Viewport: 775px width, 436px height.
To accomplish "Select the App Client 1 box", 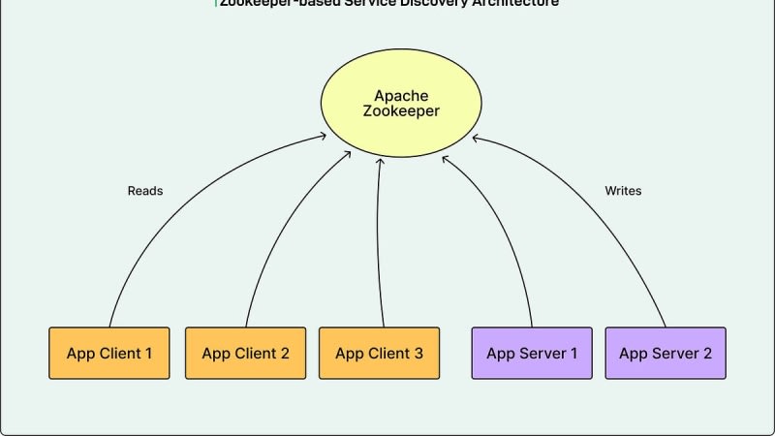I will tap(108, 353).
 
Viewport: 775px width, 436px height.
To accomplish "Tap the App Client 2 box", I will tap(245, 353).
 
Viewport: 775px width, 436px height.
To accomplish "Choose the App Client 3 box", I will tap(379, 353).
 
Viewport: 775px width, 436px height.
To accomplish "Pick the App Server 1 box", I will tap(531, 353).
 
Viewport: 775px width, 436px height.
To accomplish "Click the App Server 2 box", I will tap(665, 353).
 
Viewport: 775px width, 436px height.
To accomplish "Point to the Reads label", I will tap(145, 191).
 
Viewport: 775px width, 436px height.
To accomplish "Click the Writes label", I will tap(623, 191).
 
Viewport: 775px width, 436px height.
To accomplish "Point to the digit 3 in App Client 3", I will tap(418, 353).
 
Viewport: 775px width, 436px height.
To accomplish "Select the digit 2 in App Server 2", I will tap(707, 353).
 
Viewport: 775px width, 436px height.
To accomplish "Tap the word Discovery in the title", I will tap(407, 3).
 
